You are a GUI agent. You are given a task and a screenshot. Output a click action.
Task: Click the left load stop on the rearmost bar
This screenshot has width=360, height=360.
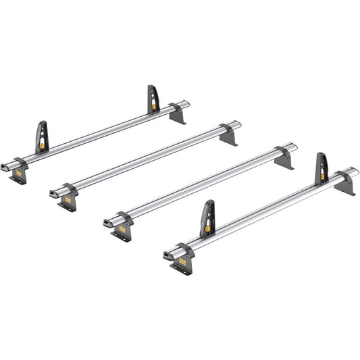click(42, 136)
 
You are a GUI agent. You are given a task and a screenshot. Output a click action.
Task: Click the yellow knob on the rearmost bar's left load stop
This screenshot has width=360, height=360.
click(44, 143)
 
